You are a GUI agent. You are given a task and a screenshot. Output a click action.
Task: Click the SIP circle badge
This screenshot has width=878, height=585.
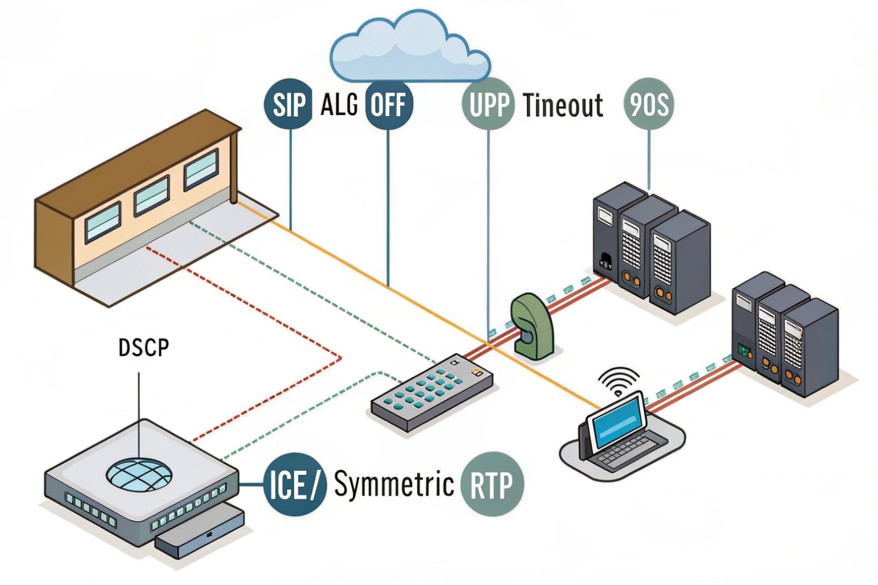point(288,104)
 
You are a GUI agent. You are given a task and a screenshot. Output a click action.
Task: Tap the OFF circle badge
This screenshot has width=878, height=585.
point(388,104)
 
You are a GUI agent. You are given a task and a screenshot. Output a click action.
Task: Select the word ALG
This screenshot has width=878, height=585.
point(339,104)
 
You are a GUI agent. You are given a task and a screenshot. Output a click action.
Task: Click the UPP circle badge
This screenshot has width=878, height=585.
point(488,104)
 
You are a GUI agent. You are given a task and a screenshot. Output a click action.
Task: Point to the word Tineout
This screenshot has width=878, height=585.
point(562,105)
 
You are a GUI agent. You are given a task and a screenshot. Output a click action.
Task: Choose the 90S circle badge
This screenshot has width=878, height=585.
point(649,104)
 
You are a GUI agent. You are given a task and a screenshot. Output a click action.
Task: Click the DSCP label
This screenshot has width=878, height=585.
point(144,347)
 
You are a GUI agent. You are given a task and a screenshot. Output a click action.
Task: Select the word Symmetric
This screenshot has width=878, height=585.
point(394,483)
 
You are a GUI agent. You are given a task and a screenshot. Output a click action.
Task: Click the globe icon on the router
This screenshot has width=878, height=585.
point(139,475)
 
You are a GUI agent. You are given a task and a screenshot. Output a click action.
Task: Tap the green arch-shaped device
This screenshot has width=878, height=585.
point(531,327)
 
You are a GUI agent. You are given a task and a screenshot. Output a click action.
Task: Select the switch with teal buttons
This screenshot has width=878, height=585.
point(432,392)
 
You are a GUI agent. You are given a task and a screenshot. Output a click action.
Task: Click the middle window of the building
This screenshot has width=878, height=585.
point(152,195)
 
